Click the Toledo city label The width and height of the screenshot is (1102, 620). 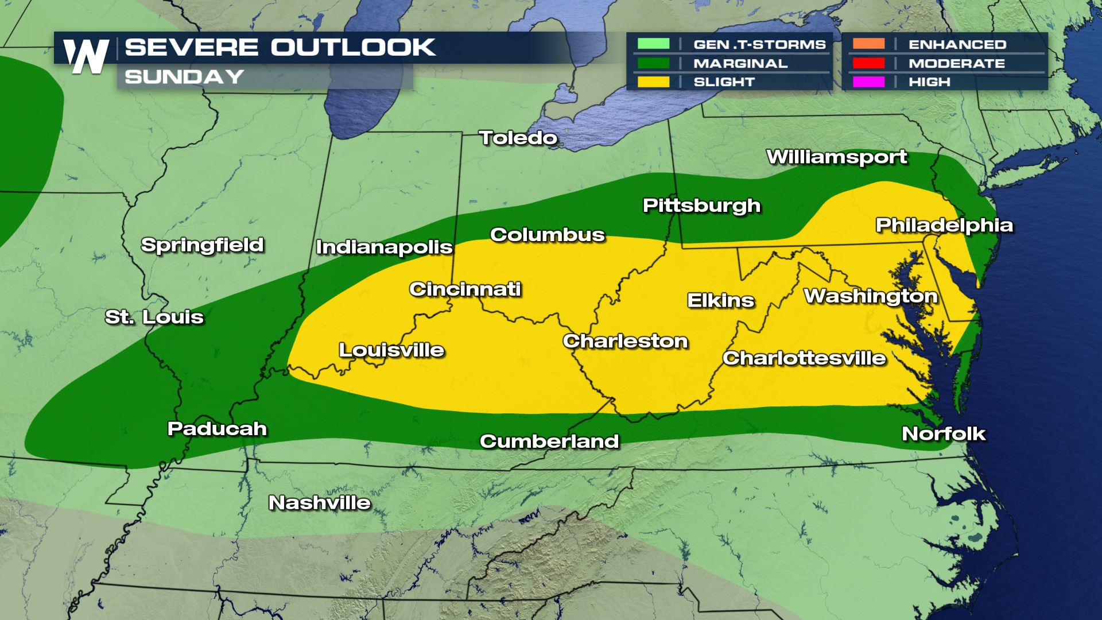518,138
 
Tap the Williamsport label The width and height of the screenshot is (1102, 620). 837,157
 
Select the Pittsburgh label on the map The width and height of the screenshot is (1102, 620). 701,206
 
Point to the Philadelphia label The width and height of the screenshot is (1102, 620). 944,225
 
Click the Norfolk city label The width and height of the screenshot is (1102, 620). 944,433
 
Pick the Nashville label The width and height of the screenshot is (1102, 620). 320,503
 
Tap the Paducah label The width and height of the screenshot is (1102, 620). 217,429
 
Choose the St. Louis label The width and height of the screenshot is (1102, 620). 154,317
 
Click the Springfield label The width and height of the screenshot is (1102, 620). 203,245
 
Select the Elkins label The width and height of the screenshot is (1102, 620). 721,300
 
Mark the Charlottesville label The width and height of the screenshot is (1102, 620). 804,358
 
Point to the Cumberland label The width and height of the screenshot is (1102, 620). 549,441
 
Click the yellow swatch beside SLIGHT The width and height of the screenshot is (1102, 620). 653,82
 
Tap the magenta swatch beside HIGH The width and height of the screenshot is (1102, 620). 868,82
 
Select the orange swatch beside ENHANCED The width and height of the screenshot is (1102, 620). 868,44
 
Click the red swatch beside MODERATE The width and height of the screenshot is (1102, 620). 868,63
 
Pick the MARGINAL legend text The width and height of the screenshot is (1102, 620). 740,63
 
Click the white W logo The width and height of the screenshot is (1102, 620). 86,56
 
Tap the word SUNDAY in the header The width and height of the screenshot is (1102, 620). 184,77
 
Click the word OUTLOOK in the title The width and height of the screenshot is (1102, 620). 353,48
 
